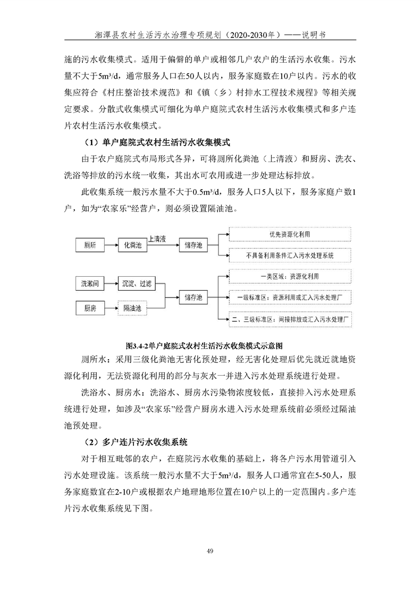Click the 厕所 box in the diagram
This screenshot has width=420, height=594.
[90, 245]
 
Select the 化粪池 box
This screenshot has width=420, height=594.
[132, 245]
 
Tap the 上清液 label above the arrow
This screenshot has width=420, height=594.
[160, 239]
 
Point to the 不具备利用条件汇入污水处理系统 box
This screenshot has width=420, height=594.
[290, 256]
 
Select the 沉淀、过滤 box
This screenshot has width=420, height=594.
[136, 284]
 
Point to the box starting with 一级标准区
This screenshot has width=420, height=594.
[290, 298]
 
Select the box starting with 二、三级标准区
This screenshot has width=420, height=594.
[290, 319]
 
